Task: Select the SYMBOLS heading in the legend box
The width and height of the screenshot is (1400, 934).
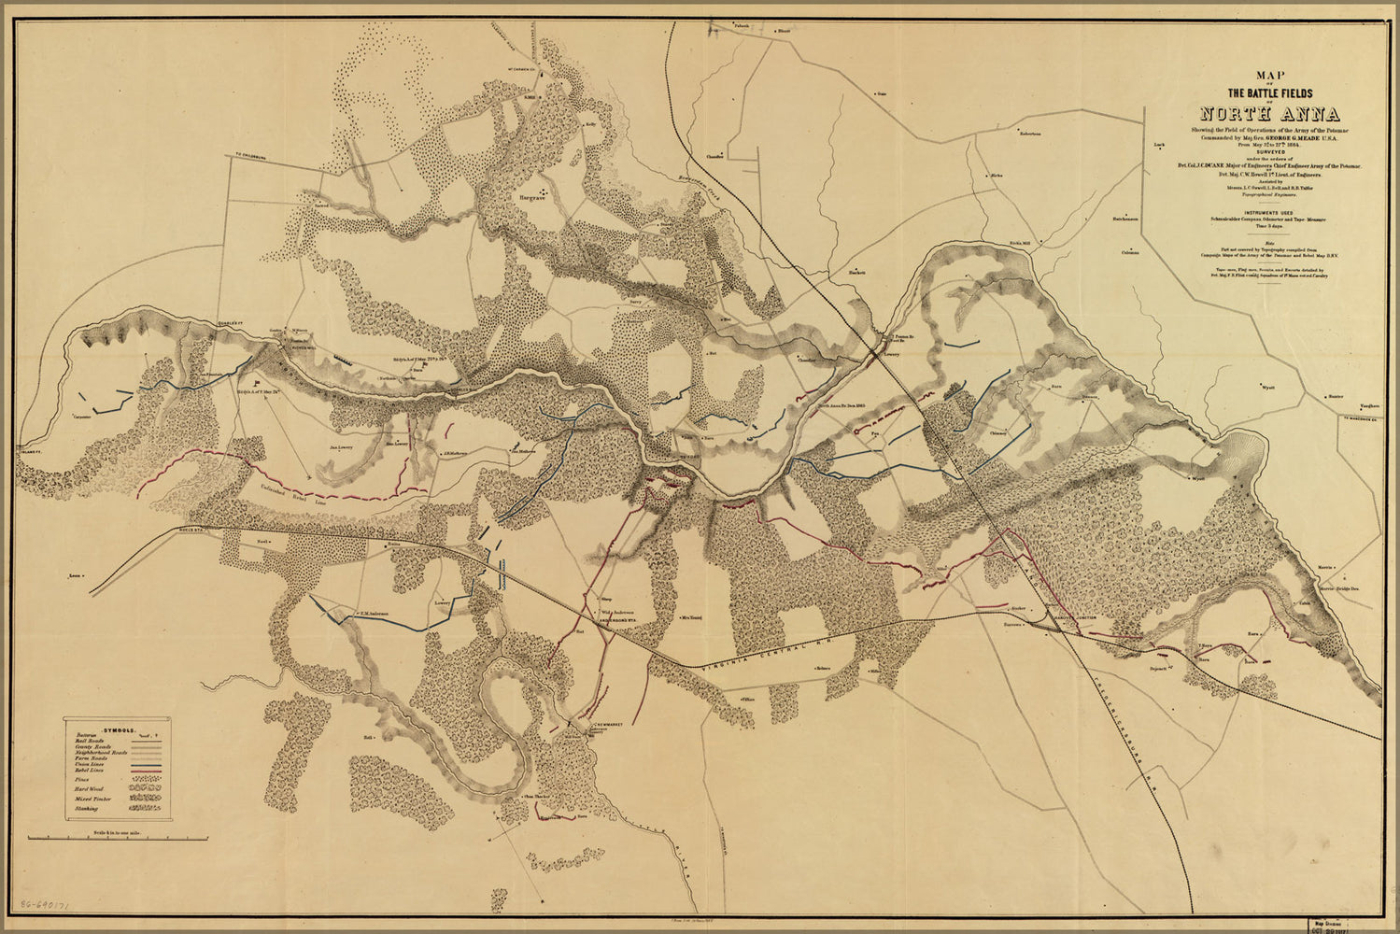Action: [x=119, y=726]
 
